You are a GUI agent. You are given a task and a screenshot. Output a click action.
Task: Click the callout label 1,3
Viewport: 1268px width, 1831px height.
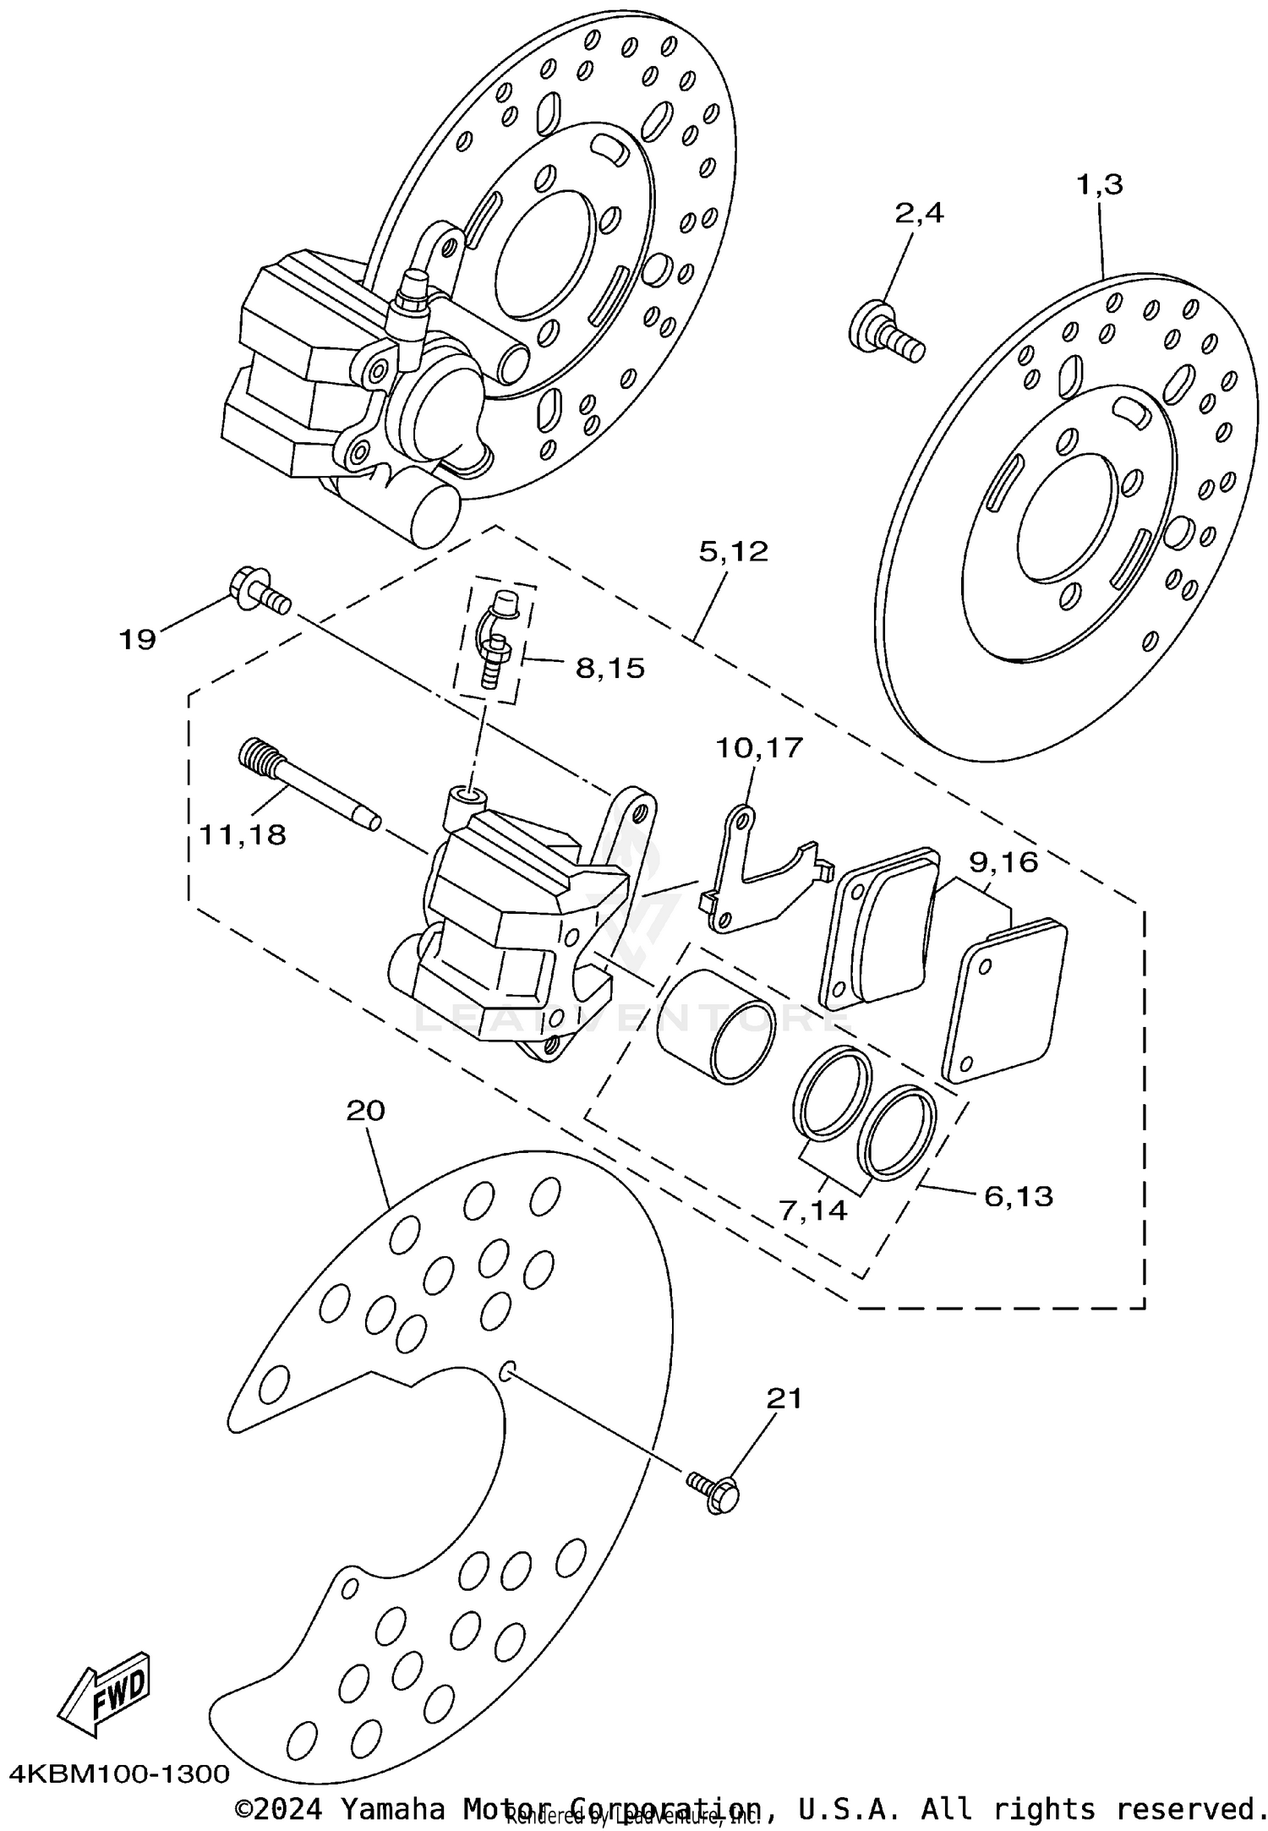tap(1099, 184)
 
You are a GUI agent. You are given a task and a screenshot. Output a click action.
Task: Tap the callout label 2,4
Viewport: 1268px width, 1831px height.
tap(919, 213)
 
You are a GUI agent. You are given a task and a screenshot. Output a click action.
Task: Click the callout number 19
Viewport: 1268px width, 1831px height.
tap(137, 640)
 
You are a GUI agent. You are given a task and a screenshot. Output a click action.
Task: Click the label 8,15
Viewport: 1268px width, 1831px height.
tap(609, 669)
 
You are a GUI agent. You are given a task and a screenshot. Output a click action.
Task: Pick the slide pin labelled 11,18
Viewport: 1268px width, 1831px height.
tap(309, 783)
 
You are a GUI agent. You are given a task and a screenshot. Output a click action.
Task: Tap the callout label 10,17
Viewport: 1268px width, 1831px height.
tap(759, 748)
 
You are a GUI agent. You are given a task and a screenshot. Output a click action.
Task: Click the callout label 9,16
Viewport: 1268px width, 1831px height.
tap(1003, 862)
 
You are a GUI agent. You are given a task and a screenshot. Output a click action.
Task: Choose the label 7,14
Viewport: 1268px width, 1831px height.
tap(813, 1211)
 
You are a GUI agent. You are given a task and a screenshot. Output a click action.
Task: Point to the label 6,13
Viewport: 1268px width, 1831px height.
tap(1018, 1195)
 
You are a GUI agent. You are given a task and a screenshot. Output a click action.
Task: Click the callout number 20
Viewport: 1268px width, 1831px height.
tap(365, 1110)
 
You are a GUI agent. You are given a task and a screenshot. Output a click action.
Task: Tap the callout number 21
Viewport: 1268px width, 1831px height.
tap(783, 1399)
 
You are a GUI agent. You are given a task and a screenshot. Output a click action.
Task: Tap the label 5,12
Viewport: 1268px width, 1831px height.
tap(734, 551)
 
